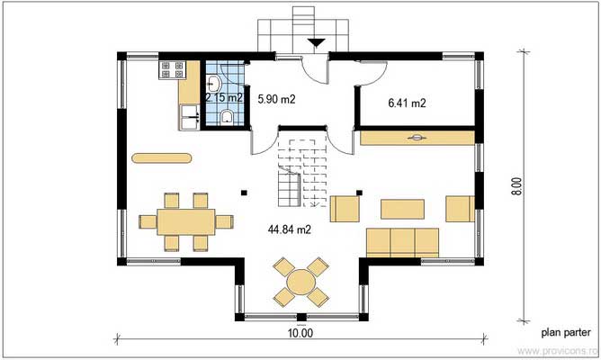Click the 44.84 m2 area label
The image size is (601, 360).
289,229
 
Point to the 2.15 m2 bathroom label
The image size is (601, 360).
222,96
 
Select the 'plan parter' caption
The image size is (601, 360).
565,331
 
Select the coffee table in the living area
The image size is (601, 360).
403,209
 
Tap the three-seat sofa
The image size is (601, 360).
402,240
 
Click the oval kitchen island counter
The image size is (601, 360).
162,159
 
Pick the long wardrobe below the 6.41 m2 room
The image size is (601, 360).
416,138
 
